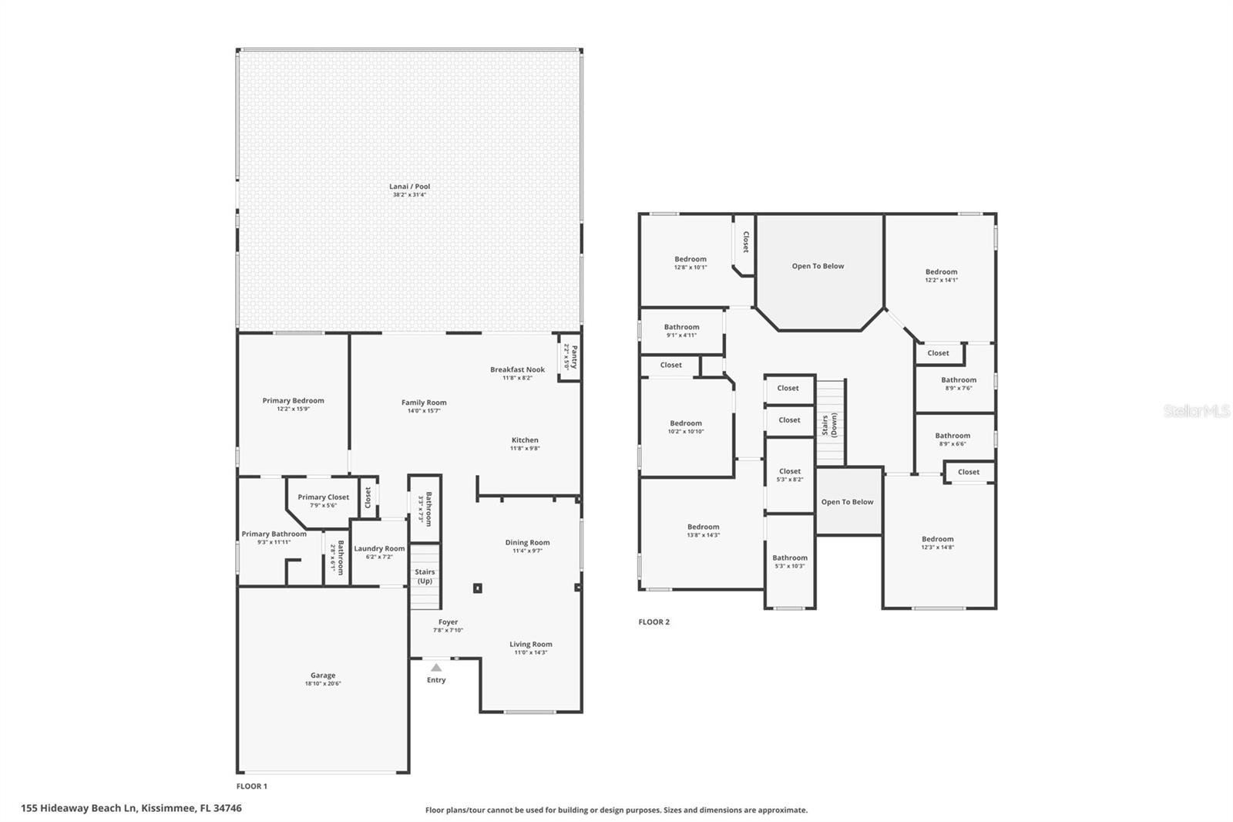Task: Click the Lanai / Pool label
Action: click(409, 187)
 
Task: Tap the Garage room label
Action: click(323, 675)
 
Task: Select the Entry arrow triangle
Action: click(436, 668)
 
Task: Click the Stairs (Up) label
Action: click(425, 576)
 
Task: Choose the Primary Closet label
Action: click(323, 497)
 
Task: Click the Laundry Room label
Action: click(379, 549)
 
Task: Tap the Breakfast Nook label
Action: click(517, 369)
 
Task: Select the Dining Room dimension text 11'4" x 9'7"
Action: click(527, 551)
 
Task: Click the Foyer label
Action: click(448, 622)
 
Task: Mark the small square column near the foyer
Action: click(477, 588)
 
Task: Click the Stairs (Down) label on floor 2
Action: click(828, 425)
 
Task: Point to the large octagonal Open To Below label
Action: click(818, 266)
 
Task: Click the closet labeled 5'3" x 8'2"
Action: click(790, 475)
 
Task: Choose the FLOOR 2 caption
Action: click(653, 622)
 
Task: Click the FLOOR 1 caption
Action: click(251, 787)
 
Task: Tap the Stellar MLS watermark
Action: click(1196, 411)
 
